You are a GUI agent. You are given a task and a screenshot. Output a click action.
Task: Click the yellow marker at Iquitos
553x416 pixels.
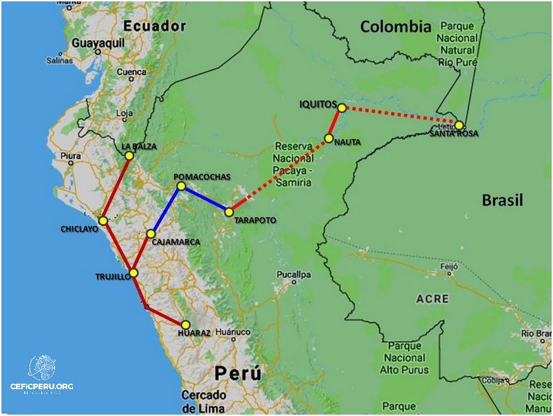click(342, 107)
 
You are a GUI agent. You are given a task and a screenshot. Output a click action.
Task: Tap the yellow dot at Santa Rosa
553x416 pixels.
click(459, 125)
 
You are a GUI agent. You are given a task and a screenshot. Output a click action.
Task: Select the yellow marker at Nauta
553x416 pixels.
click(329, 138)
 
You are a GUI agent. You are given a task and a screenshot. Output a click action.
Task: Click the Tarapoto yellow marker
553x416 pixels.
click(229, 212)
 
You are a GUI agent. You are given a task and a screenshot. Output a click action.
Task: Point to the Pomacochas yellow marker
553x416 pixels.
click(181, 186)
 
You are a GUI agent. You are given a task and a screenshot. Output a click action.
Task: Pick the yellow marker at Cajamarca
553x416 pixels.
click(151, 234)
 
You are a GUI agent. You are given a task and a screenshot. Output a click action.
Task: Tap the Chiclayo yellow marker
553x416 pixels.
click(102, 221)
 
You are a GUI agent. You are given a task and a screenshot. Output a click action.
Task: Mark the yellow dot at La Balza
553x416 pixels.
click(129, 155)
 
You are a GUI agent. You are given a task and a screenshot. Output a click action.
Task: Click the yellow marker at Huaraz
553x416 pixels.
click(185, 325)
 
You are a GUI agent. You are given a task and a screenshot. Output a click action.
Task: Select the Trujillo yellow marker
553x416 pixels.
click(133, 273)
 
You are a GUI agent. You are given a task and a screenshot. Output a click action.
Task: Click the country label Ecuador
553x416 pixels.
click(155, 26)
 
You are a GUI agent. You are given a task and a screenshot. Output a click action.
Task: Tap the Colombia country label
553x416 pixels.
click(395, 27)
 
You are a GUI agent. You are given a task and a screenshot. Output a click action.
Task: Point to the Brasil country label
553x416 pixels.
click(501, 200)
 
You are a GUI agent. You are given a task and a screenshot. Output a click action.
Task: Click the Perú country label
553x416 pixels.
click(237, 374)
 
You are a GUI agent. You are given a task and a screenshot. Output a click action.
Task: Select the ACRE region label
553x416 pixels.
click(433, 298)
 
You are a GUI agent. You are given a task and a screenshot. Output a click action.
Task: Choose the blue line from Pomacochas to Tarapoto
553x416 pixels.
click(205, 199)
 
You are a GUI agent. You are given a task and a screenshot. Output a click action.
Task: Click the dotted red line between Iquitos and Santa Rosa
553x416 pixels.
click(400, 116)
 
